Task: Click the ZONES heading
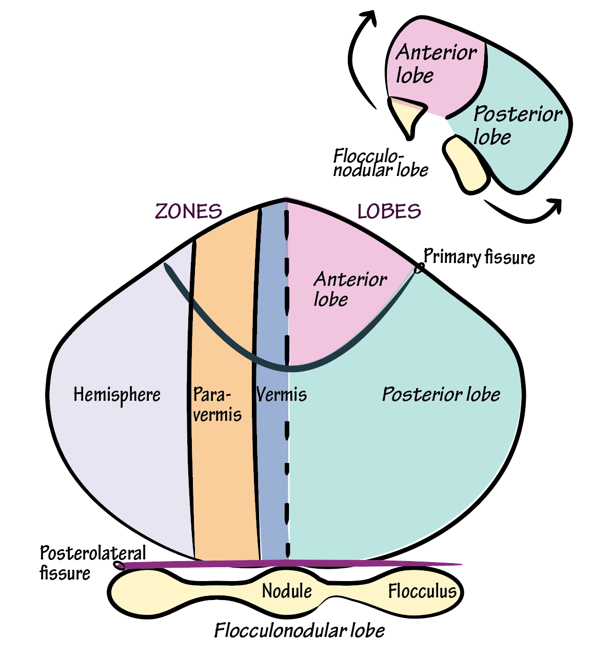point(188,211)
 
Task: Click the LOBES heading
point(389,211)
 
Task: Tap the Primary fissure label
point(479,257)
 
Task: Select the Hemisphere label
point(117,395)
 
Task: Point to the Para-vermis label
point(216,404)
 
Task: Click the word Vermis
point(281,395)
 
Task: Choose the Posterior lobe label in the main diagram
point(441,395)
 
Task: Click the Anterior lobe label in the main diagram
point(350,289)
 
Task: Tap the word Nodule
point(287,591)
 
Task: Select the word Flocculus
point(422,591)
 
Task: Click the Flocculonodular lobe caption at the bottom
point(299,631)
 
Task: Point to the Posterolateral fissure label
point(92,563)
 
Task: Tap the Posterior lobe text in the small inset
point(517,125)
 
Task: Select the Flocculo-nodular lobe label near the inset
point(380,163)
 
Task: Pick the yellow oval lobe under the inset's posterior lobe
point(466,164)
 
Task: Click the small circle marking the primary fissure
point(419,267)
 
